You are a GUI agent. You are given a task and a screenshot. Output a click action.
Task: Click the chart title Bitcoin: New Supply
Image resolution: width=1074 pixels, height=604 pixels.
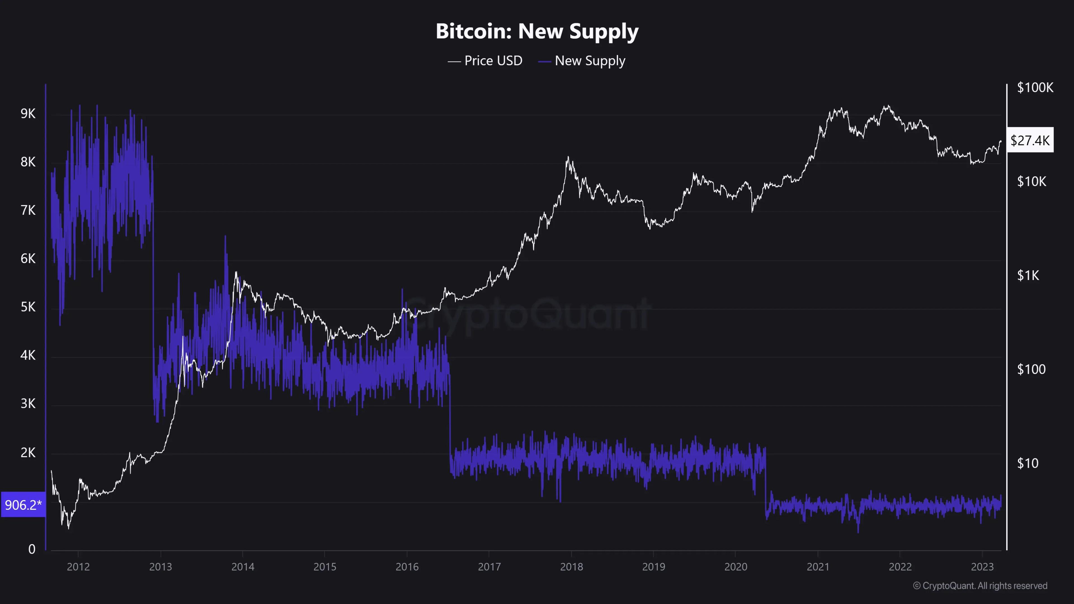pyautogui.click(x=537, y=31)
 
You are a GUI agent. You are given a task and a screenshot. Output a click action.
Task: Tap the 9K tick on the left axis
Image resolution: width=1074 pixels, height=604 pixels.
pyautogui.click(x=28, y=113)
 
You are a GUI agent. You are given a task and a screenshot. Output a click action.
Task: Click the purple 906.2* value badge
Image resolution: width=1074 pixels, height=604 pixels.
pyautogui.click(x=23, y=505)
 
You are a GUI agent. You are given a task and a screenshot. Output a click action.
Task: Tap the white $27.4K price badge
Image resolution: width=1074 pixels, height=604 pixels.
pyautogui.click(x=1030, y=140)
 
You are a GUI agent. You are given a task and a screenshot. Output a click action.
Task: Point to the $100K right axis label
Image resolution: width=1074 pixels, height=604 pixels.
pyautogui.click(x=1035, y=88)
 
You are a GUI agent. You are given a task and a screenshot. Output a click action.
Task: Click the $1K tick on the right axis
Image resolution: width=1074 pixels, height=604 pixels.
pyautogui.click(x=1028, y=275)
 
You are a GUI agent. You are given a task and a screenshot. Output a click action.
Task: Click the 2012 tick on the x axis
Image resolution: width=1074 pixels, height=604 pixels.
pyautogui.click(x=78, y=567)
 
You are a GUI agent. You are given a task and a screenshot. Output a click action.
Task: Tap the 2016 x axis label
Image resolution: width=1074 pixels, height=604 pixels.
pyautogui.click(x=407, y=567)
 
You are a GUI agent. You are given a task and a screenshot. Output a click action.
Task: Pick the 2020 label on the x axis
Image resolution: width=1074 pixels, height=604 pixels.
pyautogui.click(x=736, y=567)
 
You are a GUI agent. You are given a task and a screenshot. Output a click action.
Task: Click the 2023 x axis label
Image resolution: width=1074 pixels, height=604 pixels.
pyautogui.click(x=982, y=567)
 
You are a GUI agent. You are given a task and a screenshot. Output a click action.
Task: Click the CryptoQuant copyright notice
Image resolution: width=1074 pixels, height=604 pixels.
pyautogui.click(x=980, y=586)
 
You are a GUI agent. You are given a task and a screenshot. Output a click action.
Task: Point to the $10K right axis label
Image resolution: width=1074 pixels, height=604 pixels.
pyautogui.click(x=1031, y=181)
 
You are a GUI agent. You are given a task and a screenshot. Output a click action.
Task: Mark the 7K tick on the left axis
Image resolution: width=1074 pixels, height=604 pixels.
pyautogui.click(x=28, y=210)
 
